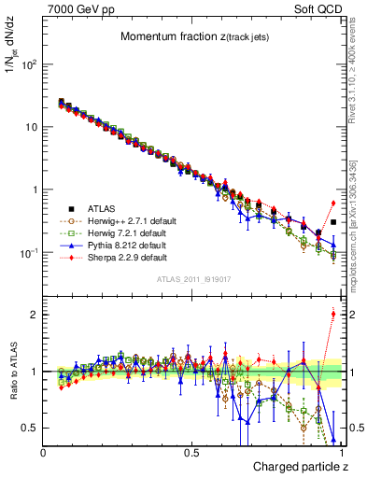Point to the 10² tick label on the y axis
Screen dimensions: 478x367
28,64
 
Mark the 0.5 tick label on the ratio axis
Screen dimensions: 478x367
30,428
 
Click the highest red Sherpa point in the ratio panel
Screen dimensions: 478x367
333,314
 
